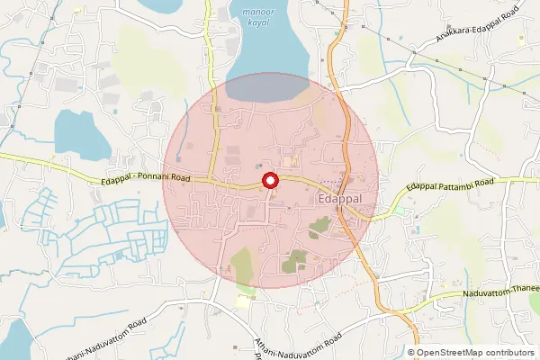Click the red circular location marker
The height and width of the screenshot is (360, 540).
tap(268, 181)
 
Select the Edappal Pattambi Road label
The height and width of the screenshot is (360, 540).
tap(450, 184)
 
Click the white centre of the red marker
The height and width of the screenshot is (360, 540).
tap(268, 181)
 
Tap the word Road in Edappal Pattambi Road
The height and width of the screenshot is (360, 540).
tap(483, 183)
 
